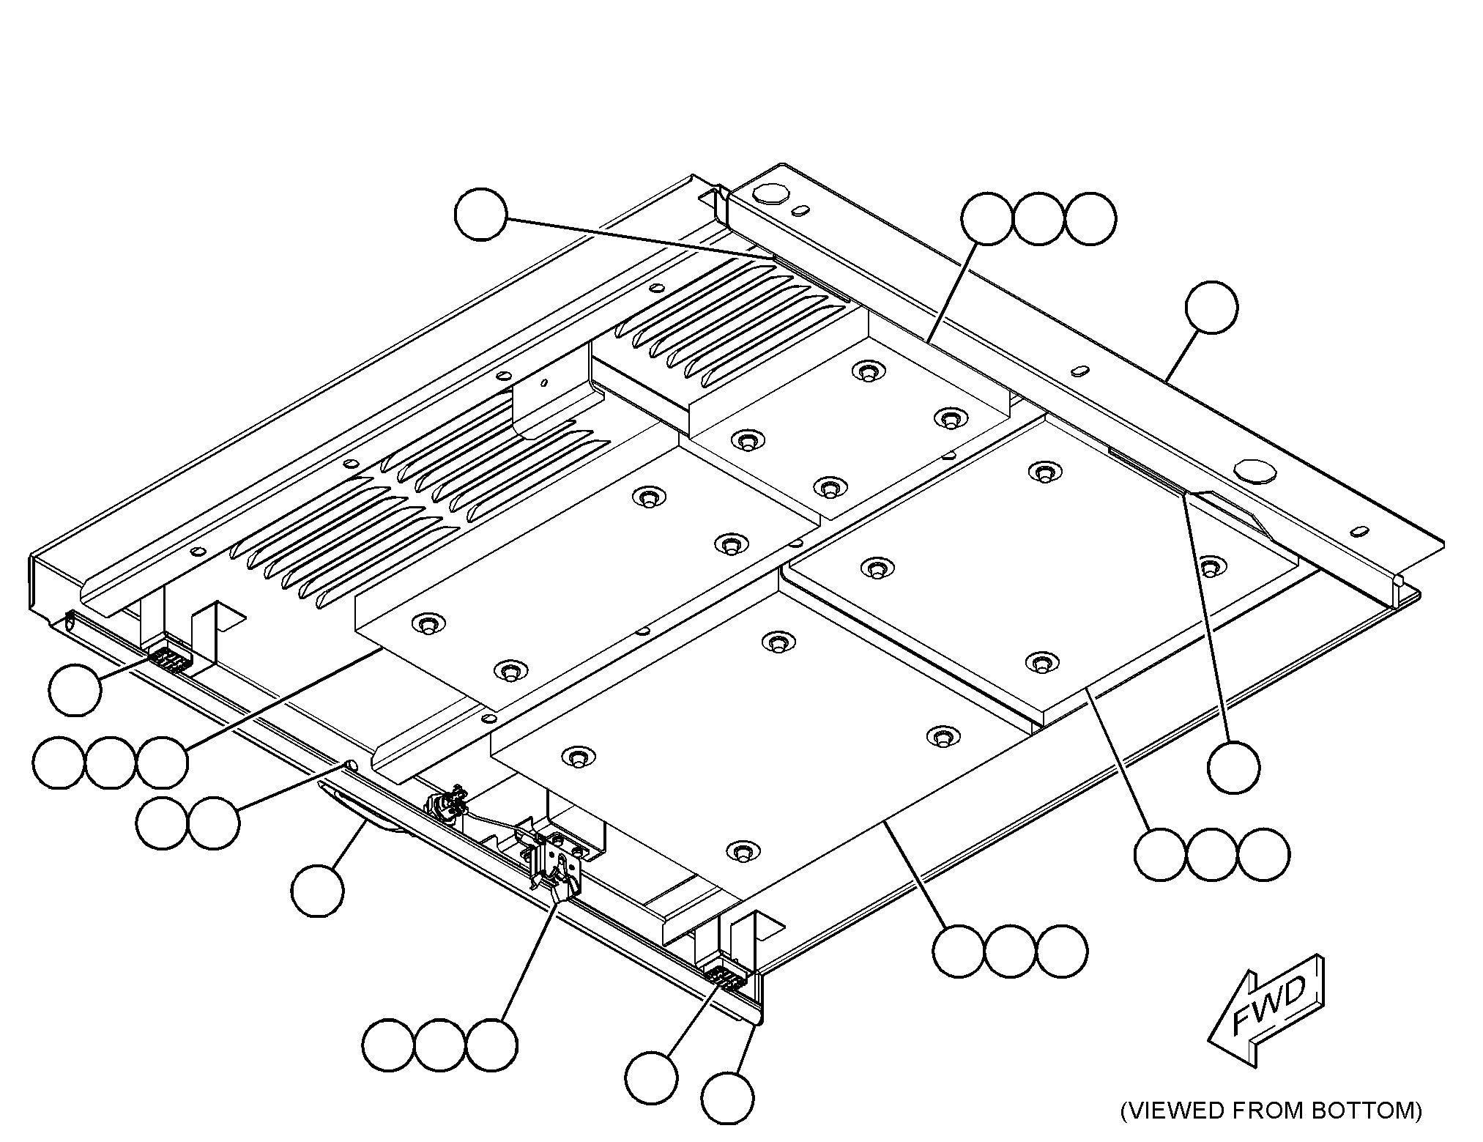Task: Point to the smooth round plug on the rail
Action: tap(1254, 470)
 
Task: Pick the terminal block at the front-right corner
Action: tap(726, 978)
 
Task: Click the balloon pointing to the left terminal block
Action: tap(75, 690)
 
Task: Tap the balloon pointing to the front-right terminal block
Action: tap(652, 1078)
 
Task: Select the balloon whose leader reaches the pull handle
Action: tap(317, 891)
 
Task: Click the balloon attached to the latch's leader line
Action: tap(491, 1045)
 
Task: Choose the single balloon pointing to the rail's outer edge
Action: tap(1212, 308)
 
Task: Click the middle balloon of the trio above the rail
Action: tap(1038, 219)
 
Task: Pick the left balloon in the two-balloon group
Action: tap(162, 823)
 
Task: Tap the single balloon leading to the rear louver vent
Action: tap(480, 215)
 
